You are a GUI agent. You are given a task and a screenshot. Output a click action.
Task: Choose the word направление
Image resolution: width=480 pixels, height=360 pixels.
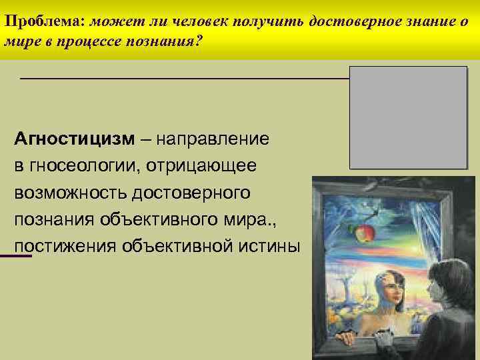214,139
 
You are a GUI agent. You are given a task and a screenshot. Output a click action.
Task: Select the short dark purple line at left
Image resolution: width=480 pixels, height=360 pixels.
16,256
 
